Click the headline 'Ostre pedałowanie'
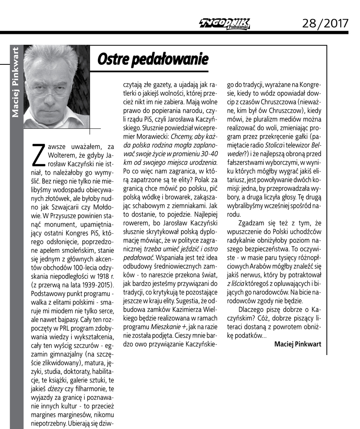pos(152,59)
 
